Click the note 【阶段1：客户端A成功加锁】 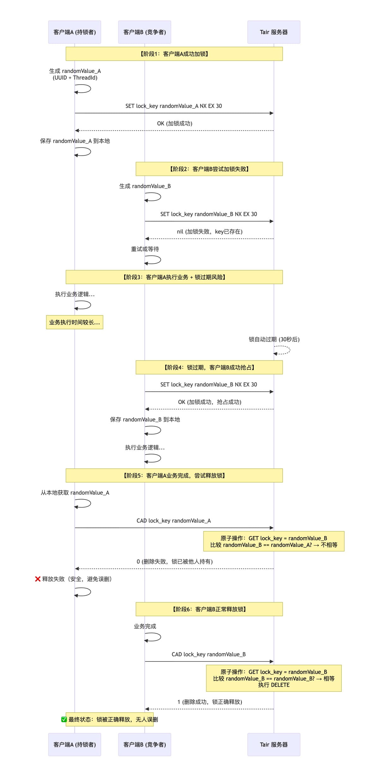[x=174, y=54]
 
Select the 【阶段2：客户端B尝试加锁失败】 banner [x=209, y=169]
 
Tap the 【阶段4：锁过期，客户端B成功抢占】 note [x=209, y=367]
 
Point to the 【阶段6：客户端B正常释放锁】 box [x=209, y=609]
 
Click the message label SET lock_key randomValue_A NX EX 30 [x=173, y=106]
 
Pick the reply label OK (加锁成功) [x=175, y=123]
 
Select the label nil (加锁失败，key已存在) [x=209, y=232]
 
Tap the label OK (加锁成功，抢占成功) [x=209, y=402]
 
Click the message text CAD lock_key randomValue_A [x=173, y=521]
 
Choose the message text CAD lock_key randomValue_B [x=208, y=654]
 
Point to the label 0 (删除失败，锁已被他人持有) [x=175, y=562]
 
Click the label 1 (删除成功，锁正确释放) [x=210, y=702]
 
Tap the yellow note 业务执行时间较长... [x=75, y=322]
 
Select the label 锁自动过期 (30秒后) [x=274, y=339]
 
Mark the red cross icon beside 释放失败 [x=38, y=579]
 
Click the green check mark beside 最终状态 [x=64, y=720]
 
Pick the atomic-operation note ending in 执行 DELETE [x=274, y=678]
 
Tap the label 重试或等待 [x=145, y=249]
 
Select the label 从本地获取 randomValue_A [x=75, y=493]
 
